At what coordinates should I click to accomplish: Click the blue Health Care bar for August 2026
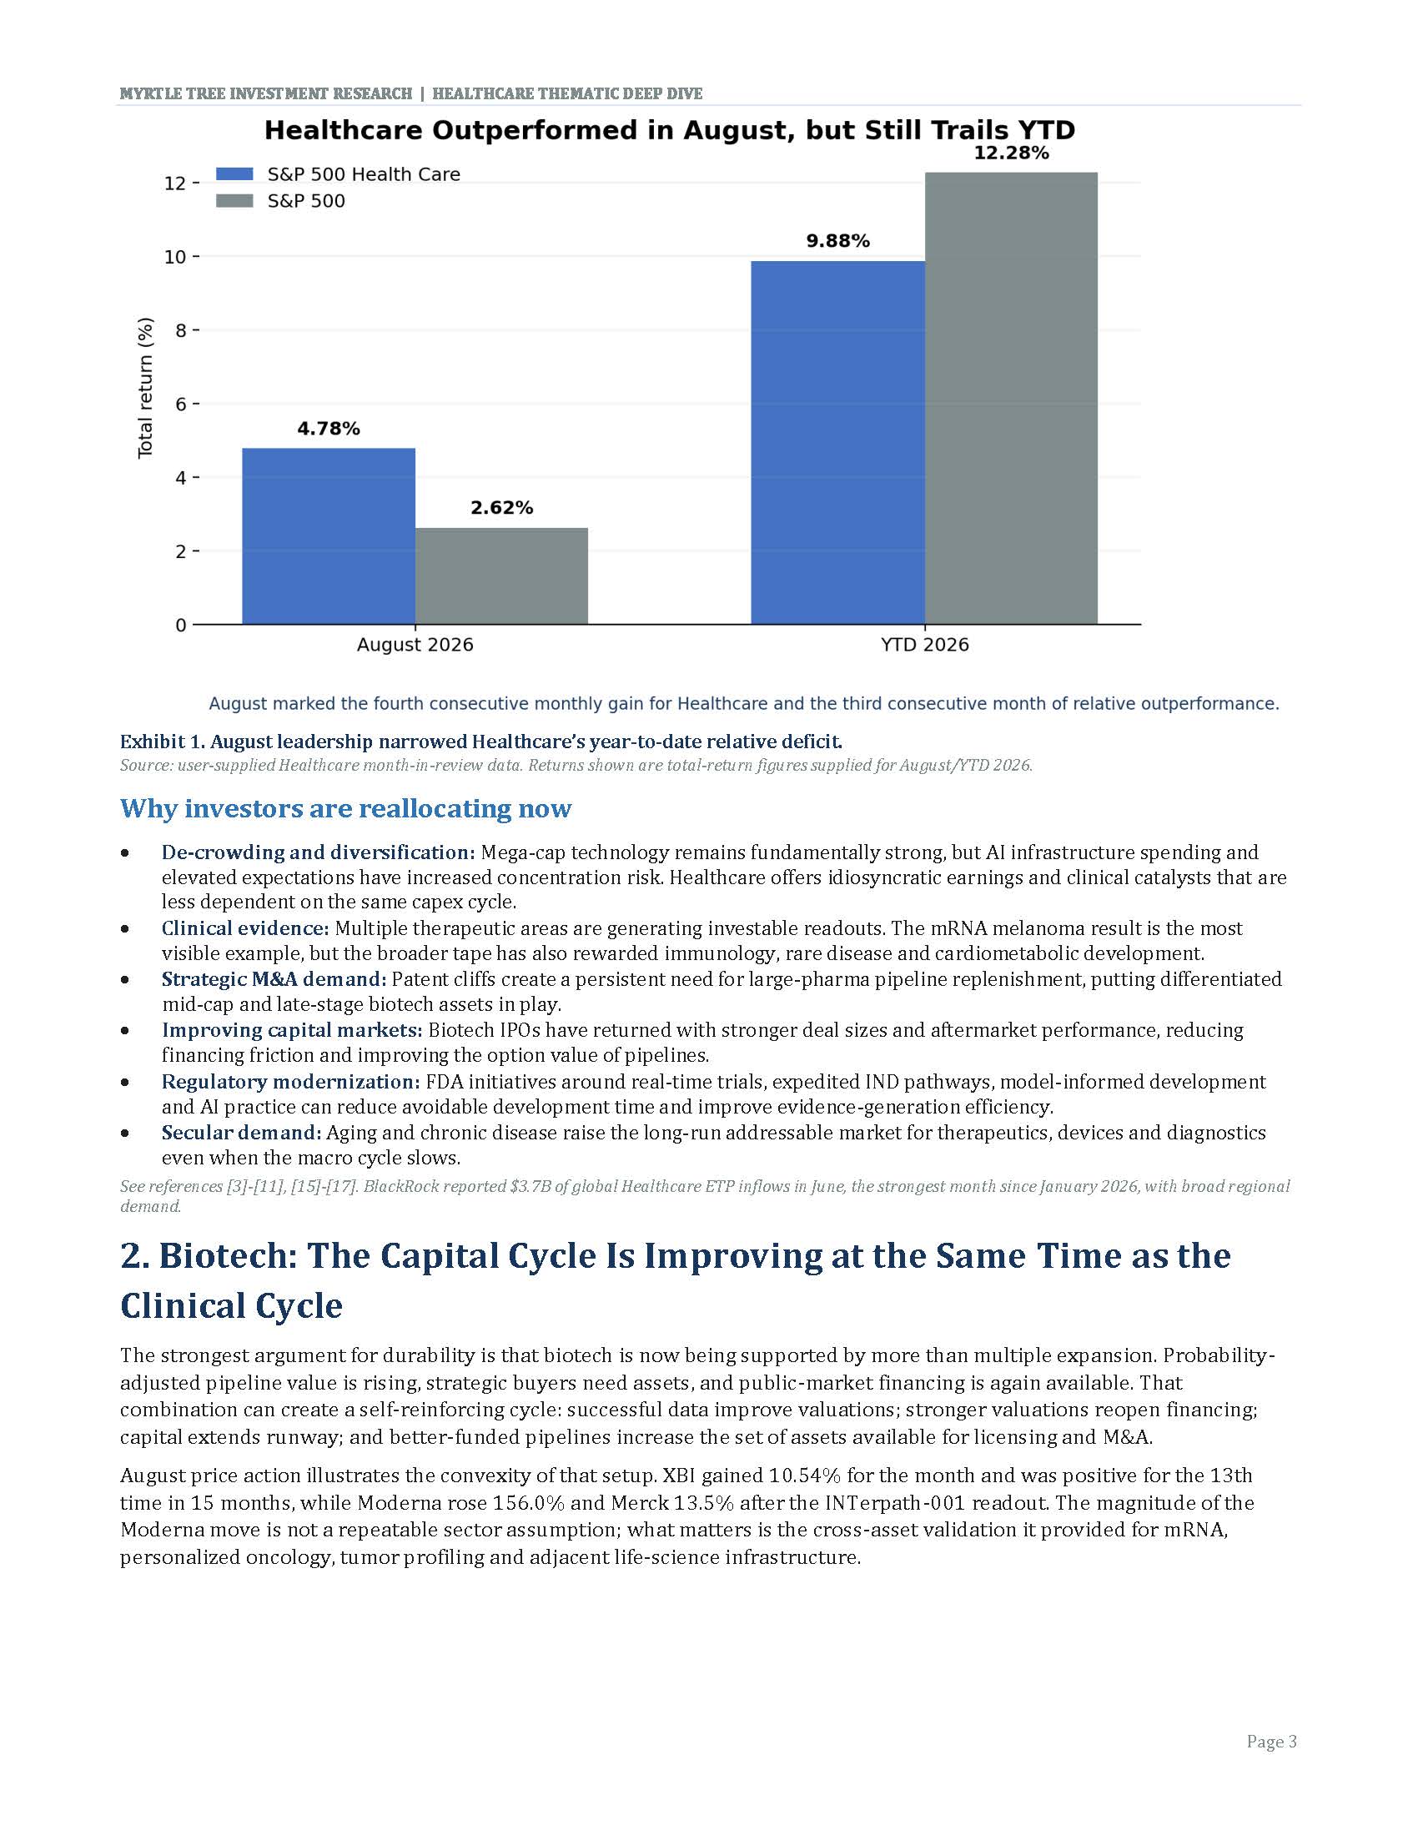(329, 536)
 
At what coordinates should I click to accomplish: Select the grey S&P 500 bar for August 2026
(501, 576)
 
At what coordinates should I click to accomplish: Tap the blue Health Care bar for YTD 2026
(837, 443)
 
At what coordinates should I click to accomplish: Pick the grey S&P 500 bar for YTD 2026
(1011, 398)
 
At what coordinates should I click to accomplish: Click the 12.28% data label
(1012, 153)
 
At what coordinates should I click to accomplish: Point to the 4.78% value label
(329, 429)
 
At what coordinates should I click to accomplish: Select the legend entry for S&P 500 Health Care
(339, 174)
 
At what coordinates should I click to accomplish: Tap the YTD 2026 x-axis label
(925, 645)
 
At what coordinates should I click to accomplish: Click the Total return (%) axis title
(146, 387)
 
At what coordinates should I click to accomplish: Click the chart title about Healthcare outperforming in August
(670, 130)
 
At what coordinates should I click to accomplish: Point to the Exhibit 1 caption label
(481, 742)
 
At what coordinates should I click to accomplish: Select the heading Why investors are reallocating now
(346, 808)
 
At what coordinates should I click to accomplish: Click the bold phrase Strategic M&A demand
(274, 979)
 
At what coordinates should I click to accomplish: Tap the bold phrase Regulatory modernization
(290, 1081)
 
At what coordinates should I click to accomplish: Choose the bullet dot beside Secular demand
(125, 1133)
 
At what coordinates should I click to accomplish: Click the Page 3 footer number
(1272, 1742)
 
